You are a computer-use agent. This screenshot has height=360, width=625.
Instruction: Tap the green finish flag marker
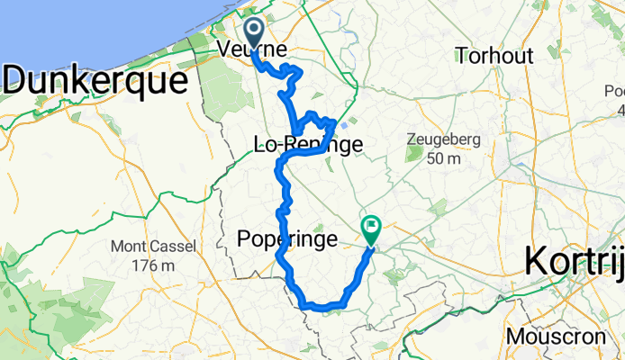pyautogui.click(x=370, y=227)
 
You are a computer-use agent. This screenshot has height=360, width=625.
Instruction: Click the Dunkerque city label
pyautogui.click(x=97, y=80)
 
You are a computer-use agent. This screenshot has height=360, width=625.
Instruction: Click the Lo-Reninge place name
pyautogui.click(x=309, y=145)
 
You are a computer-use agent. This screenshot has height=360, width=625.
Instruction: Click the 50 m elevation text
pyautogui.click(x=457, y=159)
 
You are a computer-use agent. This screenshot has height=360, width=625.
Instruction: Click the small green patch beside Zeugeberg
pyautogui.click(x=415, y=155)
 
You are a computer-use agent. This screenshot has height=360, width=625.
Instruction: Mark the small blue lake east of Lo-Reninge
pyautogui.click(x=345, y=127)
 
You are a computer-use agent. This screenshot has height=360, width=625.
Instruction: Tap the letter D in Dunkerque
pyautogui.click(x=15, y=80)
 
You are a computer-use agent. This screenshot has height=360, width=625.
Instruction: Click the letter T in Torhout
pyautogui.click(x=462, y=56)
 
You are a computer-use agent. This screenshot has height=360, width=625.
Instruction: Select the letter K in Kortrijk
pyautogui.click(x=535, y=260)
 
